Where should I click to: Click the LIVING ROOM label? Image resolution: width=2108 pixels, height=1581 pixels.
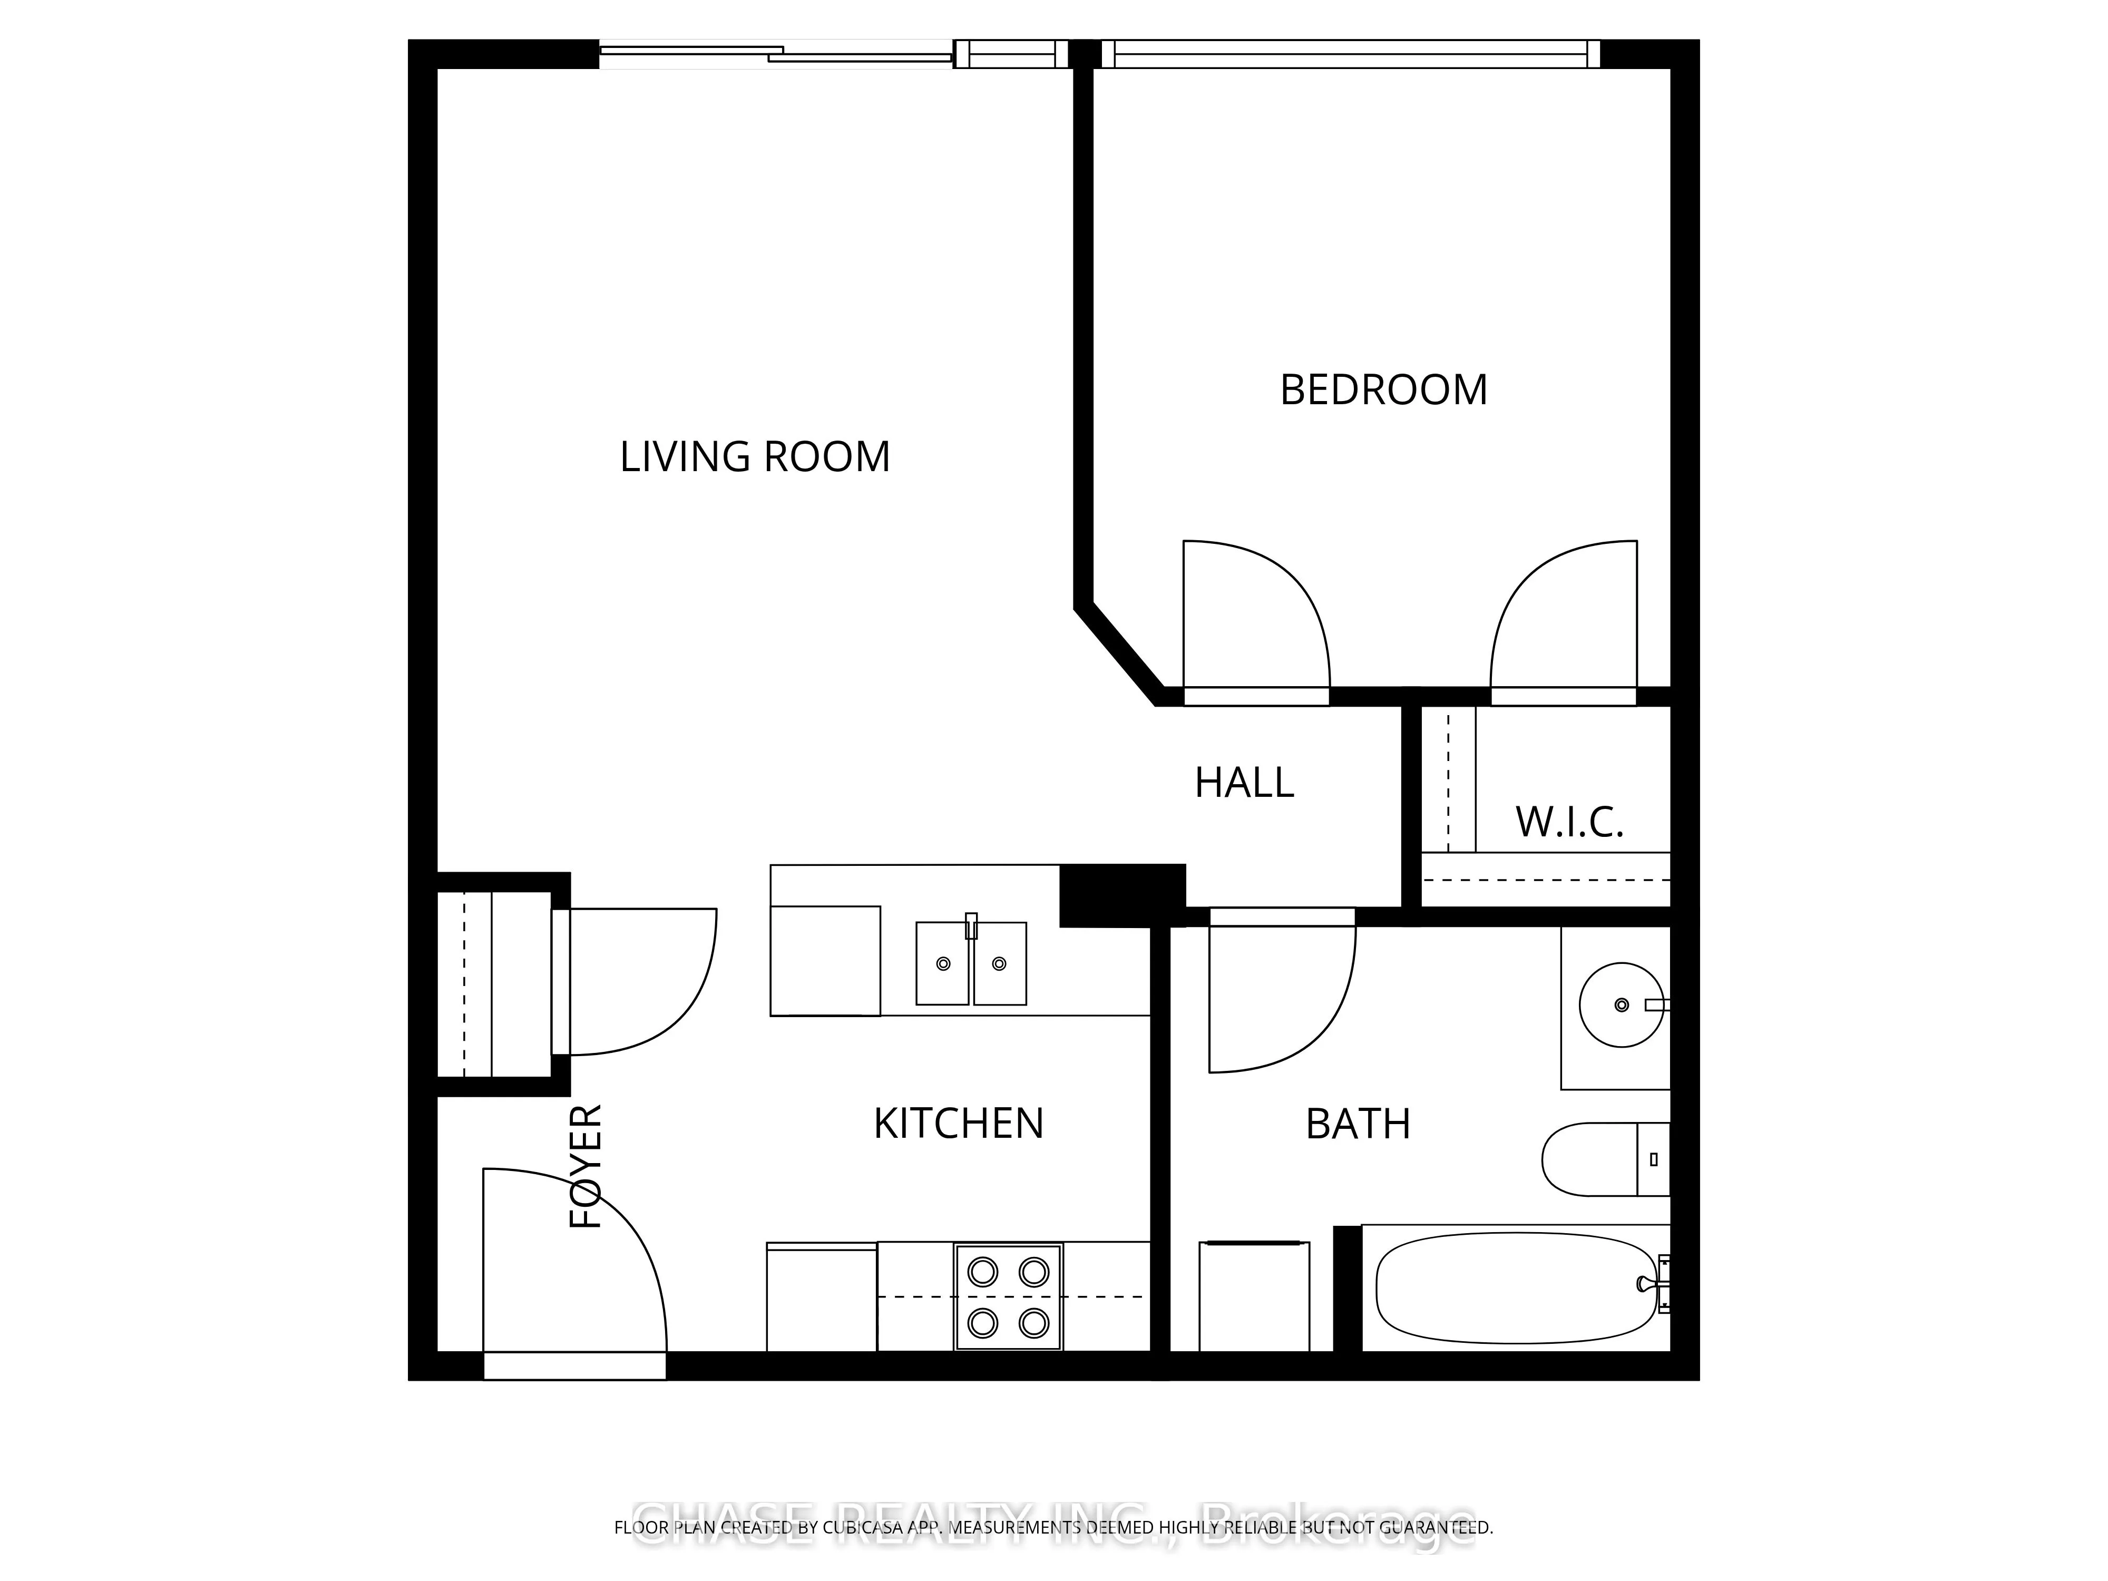(x=755, y=457)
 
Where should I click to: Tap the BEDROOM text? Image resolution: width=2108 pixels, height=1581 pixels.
(x=1383, y=391)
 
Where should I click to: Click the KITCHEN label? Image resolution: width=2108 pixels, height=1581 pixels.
(x=959, y=1125)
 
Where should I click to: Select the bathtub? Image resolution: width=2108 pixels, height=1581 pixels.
(x=1517, y=1289)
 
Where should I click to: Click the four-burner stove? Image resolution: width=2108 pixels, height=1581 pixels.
(x=1008, y=1297)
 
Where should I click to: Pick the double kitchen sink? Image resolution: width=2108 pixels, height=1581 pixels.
(x=971, y=963)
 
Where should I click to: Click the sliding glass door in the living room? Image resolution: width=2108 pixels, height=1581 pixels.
(x=777, y=54)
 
